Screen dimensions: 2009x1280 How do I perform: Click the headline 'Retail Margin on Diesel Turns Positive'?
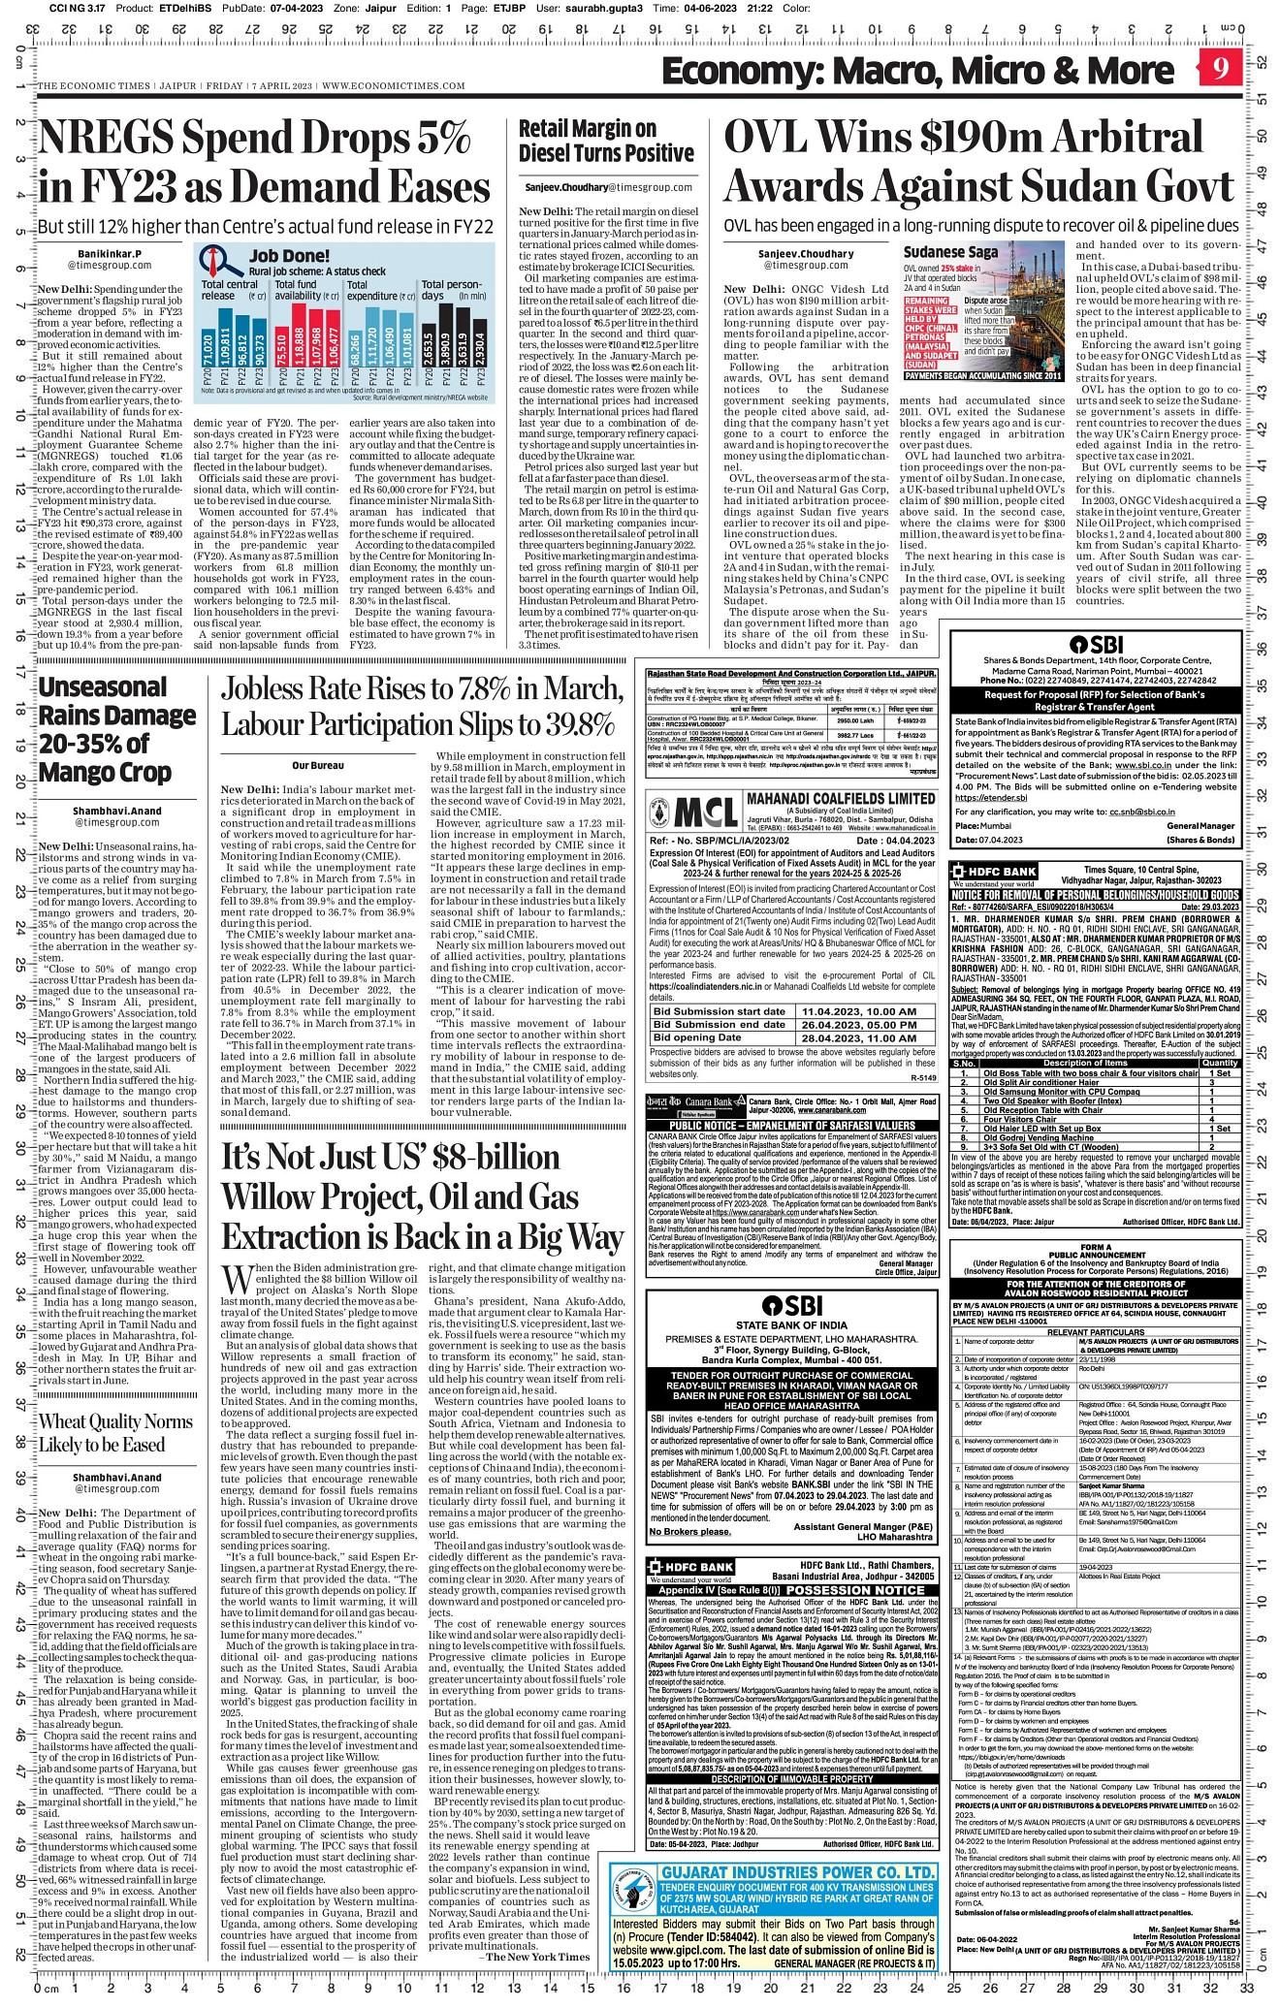click(x=606, y=141)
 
